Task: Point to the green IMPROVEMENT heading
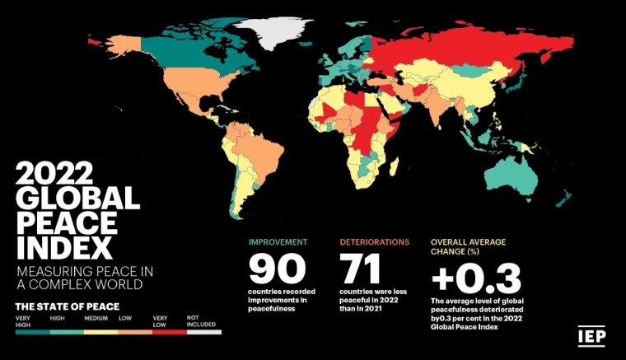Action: tap(278, 242)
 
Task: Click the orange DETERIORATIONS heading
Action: tap(375, 242)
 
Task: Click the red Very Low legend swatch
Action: tap(170, 331)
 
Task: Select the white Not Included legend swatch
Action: tap(204, 331)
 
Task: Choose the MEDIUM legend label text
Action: tap(96, 317)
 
